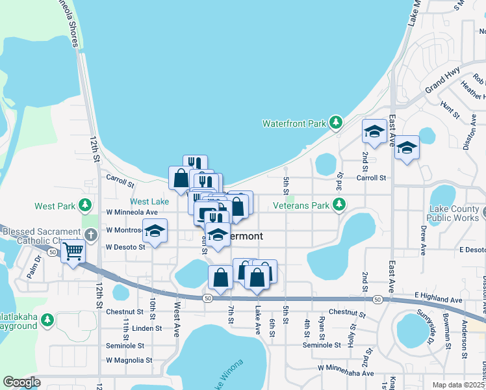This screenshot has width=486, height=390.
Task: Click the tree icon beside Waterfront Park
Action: tap(335, 122)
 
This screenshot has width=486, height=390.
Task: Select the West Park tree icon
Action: tap(84, 206)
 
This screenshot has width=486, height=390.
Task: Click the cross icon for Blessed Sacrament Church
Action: tap(91, 234)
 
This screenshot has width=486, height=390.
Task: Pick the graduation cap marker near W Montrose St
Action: tap(155, 231)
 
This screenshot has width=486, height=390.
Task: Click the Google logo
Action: tap(21, 382)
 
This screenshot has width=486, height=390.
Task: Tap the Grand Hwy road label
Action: tap(442, 79)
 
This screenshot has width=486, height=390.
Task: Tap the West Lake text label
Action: tap(149, 202)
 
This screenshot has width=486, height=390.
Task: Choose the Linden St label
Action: tap(146, 328)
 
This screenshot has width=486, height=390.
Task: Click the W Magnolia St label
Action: tap(129, 359)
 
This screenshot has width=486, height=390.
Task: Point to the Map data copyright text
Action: tap(457, 385)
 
